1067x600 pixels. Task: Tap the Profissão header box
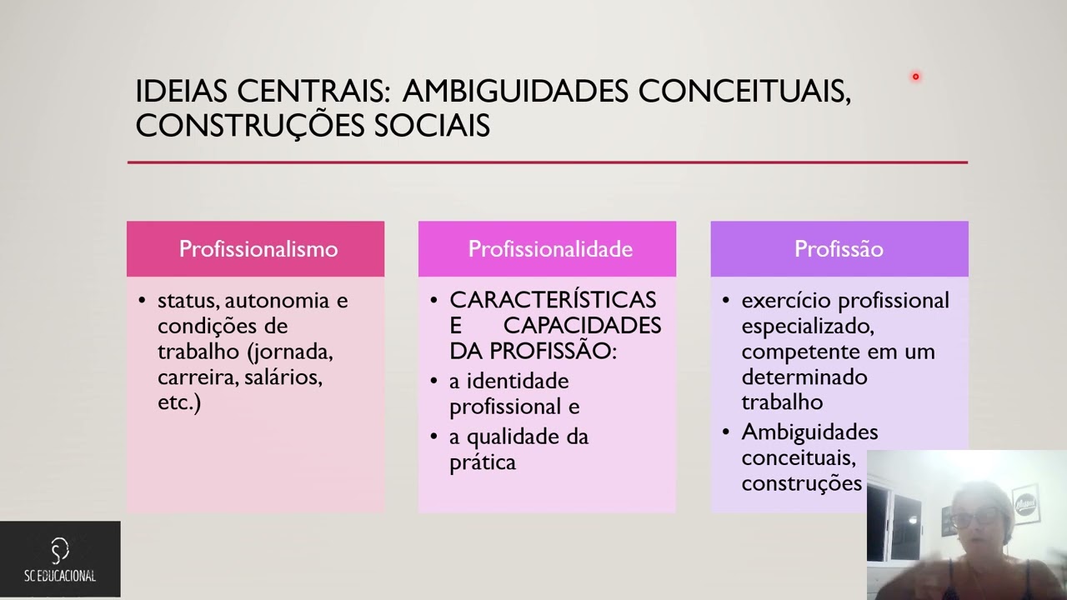839,248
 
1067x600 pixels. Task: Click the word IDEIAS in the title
182,92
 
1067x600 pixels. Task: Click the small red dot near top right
915,77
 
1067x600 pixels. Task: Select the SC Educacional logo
60,559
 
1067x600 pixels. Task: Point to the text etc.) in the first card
178,403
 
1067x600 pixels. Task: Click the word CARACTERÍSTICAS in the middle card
553,300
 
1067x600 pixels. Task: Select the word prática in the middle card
482,462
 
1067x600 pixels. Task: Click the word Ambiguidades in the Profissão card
809,432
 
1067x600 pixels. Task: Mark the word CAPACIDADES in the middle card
582,325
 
